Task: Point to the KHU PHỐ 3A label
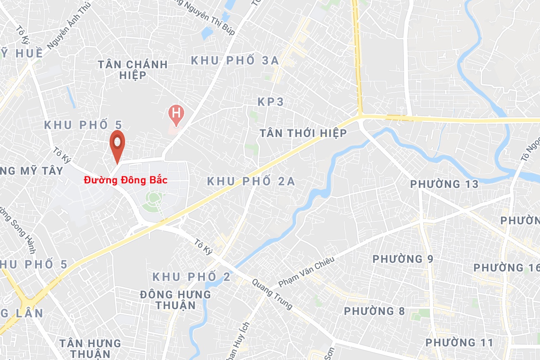click(235, 60)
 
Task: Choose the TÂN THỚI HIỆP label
click(302, 133)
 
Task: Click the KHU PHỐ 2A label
click(251, 181)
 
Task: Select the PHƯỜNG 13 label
click(444, 184)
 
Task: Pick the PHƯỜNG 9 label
click(403, 259)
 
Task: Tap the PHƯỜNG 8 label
click(374, 311)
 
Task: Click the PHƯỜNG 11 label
click(459, 343)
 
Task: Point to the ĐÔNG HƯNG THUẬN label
click(175, 300)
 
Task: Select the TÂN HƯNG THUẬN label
click(90, 348)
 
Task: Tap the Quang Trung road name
click(273, 293)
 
